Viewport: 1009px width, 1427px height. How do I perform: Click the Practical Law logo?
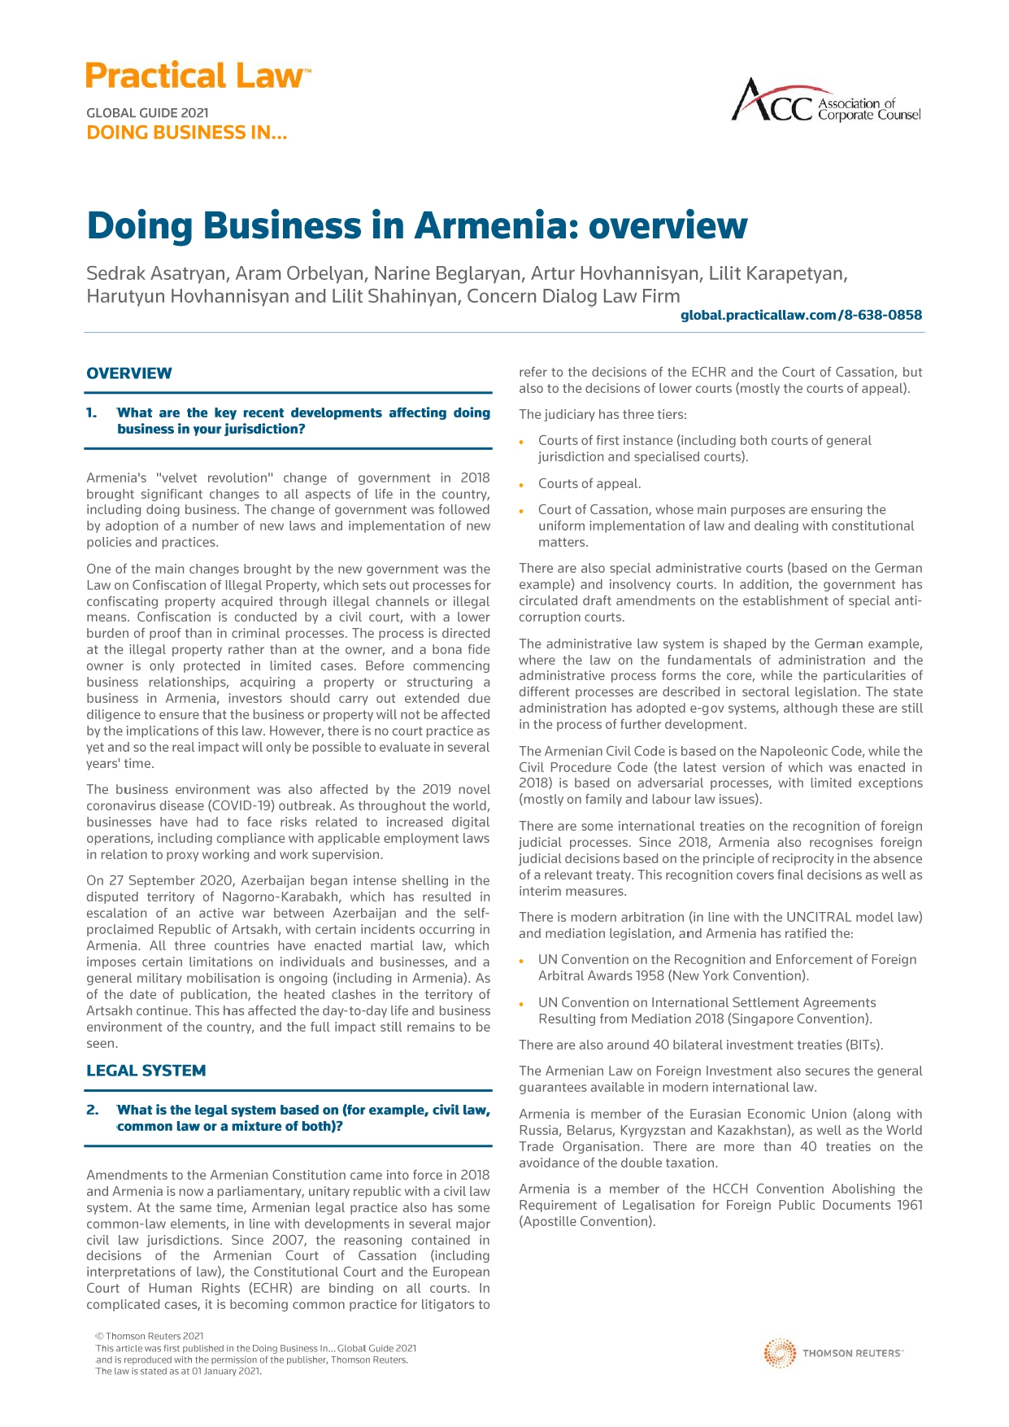[198, 76]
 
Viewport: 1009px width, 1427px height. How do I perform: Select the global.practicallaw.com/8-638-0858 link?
[801, 315]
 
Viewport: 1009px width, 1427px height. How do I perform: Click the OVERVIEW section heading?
[129, 373]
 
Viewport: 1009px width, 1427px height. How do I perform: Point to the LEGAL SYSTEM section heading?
[146, 1071]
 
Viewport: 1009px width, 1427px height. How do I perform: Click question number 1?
[92, 413]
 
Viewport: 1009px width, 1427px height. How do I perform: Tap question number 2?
[92, 1111]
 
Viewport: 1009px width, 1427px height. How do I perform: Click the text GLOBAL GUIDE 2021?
[147, 113]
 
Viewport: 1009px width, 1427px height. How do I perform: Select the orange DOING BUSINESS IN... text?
[186, 133]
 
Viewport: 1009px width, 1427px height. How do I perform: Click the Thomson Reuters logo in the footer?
[833, 1353]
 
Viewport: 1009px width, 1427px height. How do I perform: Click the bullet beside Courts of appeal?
[522, 485]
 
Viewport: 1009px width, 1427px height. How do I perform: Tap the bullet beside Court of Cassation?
[522, 511]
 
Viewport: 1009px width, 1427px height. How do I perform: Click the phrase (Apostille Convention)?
[586, 1221]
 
